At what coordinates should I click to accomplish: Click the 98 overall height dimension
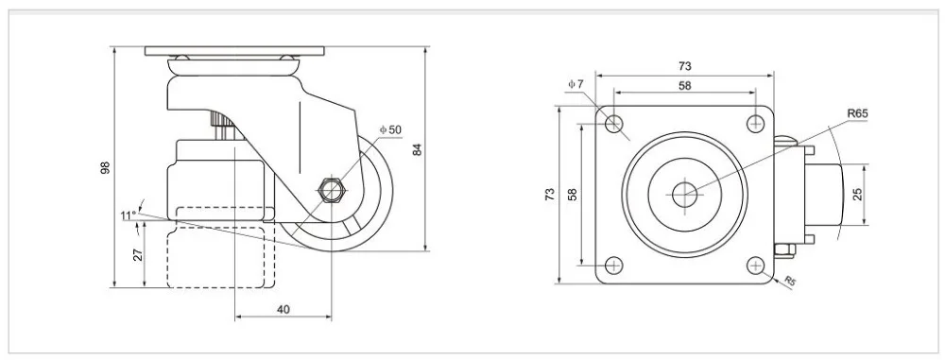[x=106, y=167]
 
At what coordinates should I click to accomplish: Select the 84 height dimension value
[x=417, y=149]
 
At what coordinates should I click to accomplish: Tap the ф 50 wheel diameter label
[x=390, y=129]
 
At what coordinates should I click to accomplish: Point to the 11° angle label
[x=128, y=214]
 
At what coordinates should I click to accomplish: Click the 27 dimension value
[x=138, y=254]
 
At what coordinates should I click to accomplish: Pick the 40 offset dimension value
[x=283, y=309]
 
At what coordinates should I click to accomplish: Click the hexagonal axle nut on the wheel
[x=330, y=190]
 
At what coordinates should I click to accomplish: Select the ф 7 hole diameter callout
[x=576, y=84]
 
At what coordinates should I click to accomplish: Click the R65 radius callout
[x=857, y=113]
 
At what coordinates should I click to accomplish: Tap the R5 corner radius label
[x=789, y=281]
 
